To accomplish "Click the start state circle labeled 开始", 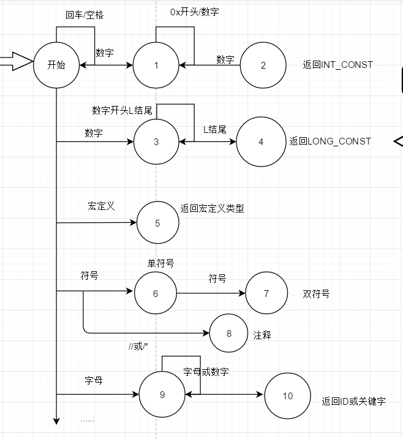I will pos(56,65).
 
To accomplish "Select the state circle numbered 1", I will pos(156,65).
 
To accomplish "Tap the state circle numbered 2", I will pos(263,65).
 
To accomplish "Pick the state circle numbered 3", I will pos(156,141).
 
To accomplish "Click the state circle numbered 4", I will pos(260,141).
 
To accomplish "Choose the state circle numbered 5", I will pos(157,223).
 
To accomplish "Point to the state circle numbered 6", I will pos(156,293).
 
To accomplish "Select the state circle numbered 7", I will pos(266,293).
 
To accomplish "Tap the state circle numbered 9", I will pos(162,394).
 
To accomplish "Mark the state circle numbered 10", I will pos(288,396).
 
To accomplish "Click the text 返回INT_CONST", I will pos(337,64).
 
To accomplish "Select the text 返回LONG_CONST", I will pos(330,141).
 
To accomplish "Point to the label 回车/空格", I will pos(84,15).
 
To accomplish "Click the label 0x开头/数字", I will pos(194,12).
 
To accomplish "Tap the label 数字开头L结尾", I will pos(122,110).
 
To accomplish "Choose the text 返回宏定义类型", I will pos(212,208).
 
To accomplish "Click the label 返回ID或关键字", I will pos(353,402).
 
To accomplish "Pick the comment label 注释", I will pos(262,335).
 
